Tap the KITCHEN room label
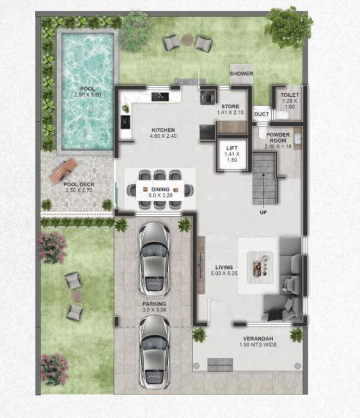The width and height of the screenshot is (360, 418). coord(163,130)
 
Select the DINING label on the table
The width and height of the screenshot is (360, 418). coord(160,189)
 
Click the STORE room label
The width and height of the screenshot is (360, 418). coord(231,106)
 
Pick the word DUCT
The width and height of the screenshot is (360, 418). coord(262,114)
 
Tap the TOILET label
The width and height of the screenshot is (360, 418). coord(289,95)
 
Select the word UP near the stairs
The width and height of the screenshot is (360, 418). coord(263,212)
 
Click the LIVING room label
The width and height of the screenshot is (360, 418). coord(224,267)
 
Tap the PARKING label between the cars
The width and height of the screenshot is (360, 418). coord(154,304)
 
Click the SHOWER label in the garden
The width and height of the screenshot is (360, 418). coord(241,73)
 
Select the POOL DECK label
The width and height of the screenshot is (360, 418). coord(79,184)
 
